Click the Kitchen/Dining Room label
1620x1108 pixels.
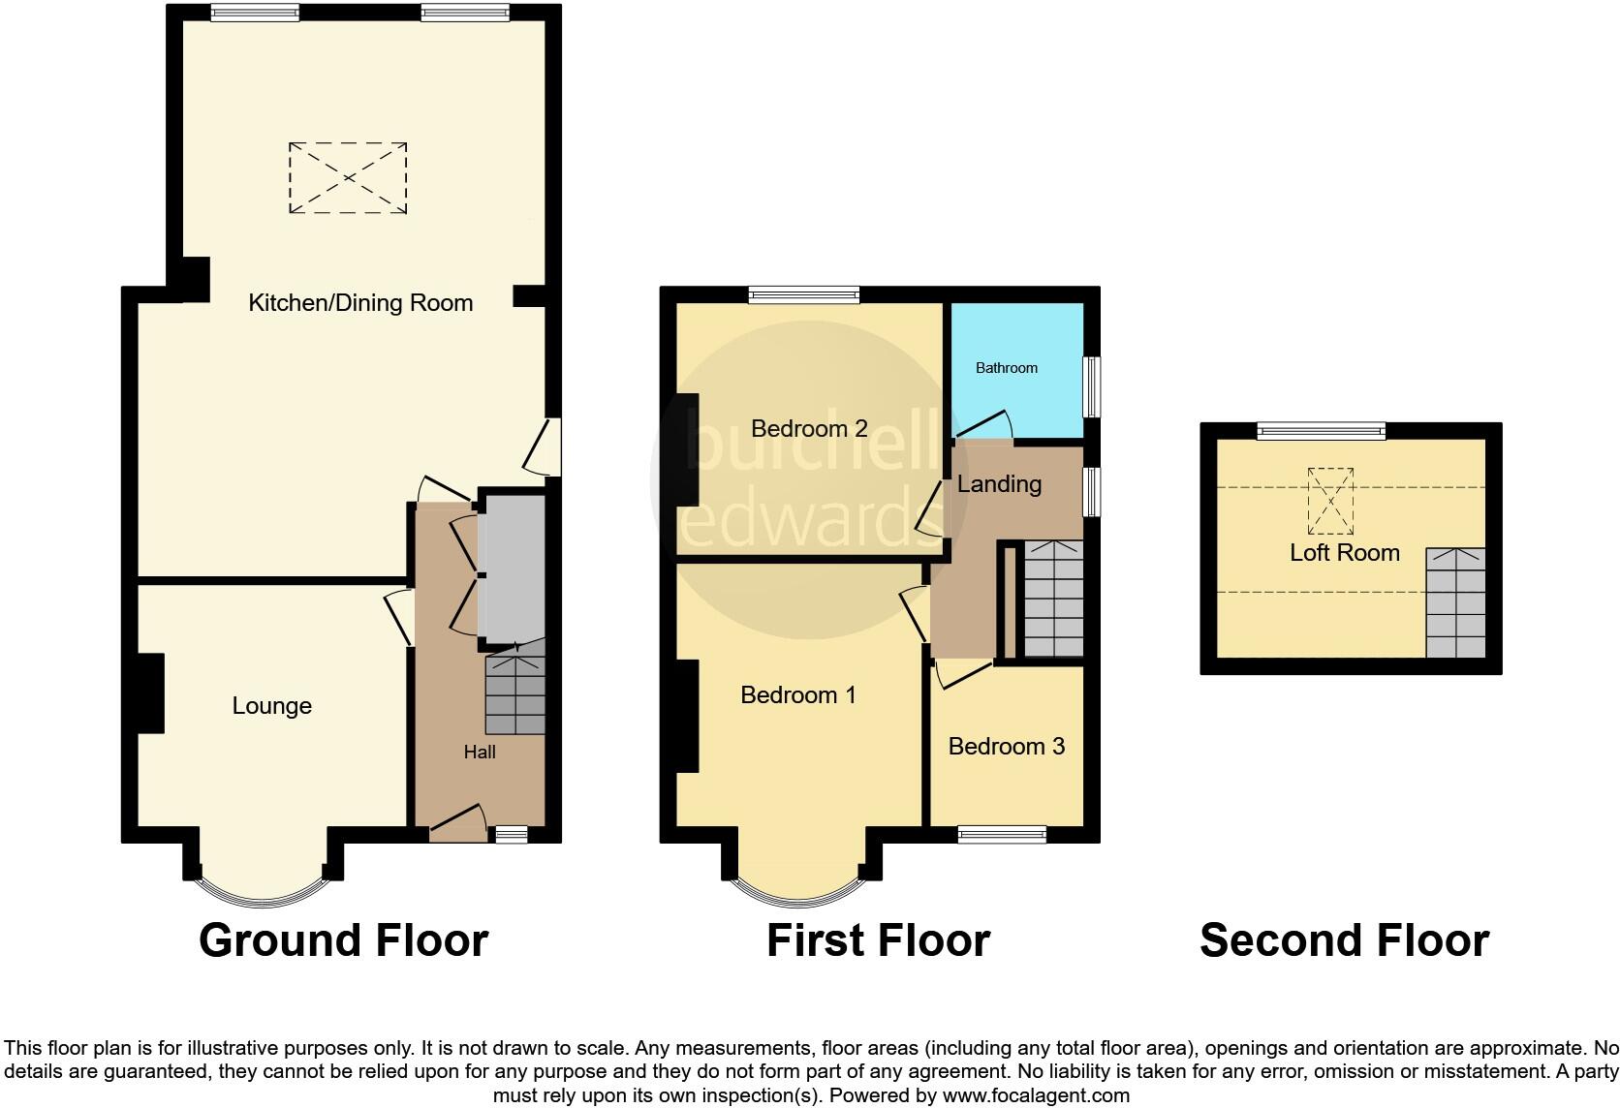pos(360,303)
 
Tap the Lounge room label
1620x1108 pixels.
pos(271,706)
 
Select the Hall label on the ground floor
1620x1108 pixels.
pos(480,753)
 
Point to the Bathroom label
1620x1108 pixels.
pos(1006,368)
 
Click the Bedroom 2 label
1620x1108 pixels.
pos(809,428)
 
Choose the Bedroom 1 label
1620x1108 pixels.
pos(798,694)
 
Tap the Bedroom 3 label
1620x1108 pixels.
pos(1006,746)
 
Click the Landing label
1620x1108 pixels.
pos(999,483)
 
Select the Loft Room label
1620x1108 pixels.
pos(1345,553)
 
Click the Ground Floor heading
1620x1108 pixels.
pos(343,940)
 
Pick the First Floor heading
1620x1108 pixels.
pos(878,940)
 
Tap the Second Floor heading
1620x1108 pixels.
pos(1344,940)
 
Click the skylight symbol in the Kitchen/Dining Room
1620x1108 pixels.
pos(348,178)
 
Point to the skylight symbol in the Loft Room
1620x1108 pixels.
pos(1330,501)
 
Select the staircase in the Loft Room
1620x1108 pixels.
pos(1455,602)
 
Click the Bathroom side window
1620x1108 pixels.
pos(1092,387)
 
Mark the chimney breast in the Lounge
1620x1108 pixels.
pos(150,693)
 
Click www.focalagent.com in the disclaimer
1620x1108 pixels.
pos(1035,1096)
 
